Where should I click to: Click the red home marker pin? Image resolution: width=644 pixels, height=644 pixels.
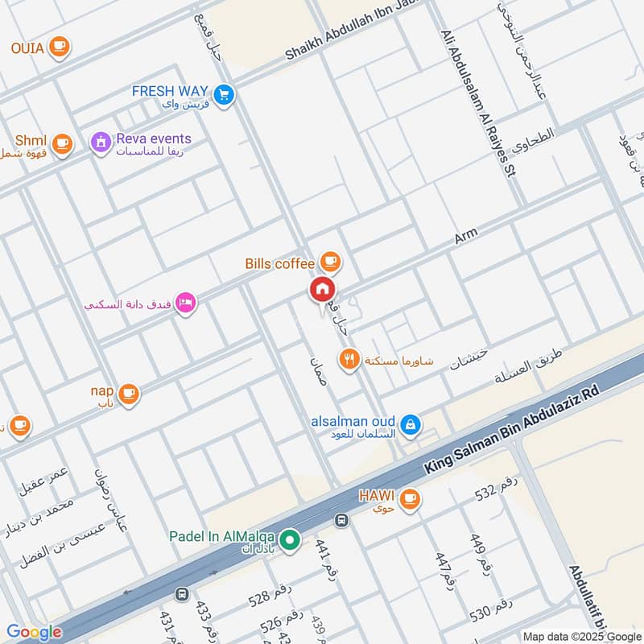323,290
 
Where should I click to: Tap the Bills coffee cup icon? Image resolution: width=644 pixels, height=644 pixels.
330,262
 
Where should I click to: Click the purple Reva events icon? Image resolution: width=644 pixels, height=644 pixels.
101,143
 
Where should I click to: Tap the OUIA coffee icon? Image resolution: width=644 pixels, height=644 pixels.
59,47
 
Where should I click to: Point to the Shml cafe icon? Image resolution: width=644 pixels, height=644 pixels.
63,144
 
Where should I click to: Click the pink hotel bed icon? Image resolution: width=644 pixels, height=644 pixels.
186,303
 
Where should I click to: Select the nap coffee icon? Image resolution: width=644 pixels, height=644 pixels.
128,394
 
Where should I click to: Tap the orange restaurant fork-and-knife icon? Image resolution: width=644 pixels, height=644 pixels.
349,359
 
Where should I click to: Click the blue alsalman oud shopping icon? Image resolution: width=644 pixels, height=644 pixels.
411,423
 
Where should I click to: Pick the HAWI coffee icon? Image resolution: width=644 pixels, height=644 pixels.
411,499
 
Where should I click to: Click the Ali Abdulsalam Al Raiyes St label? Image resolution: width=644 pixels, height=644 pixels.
477,104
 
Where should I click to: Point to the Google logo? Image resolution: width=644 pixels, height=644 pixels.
34,632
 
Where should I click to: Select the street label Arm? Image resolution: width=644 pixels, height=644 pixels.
465,236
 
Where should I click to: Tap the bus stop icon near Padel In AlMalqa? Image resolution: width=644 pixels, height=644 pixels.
341,521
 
